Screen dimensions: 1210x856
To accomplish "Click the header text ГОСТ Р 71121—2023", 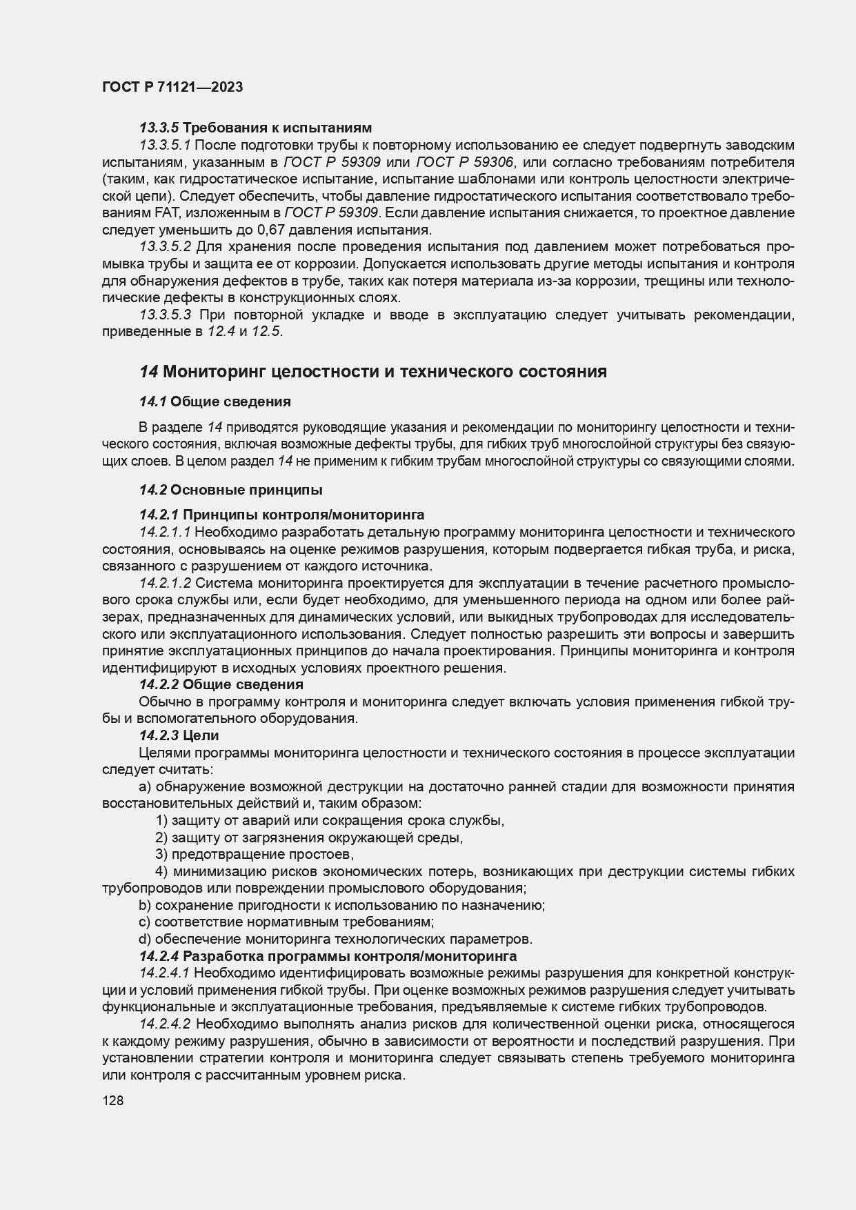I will coord(172,87).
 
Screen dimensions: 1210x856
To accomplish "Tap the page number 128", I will coord(112,1101).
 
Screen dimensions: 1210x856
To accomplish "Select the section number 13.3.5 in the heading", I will coord(159,128).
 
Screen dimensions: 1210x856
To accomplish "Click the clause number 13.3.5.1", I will coord(165,145).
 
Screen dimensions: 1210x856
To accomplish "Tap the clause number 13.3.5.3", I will coord(165,315).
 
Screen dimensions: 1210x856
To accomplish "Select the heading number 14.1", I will coord(152,401).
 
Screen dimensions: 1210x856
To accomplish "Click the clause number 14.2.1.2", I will coord(165,583).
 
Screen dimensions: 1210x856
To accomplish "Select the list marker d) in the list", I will coord(145,939).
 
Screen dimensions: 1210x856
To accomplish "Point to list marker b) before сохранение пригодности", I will coord(145,905).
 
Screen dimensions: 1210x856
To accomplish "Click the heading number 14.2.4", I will coord(159,956).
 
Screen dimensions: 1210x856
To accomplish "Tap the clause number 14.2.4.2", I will coord(165,1024).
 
